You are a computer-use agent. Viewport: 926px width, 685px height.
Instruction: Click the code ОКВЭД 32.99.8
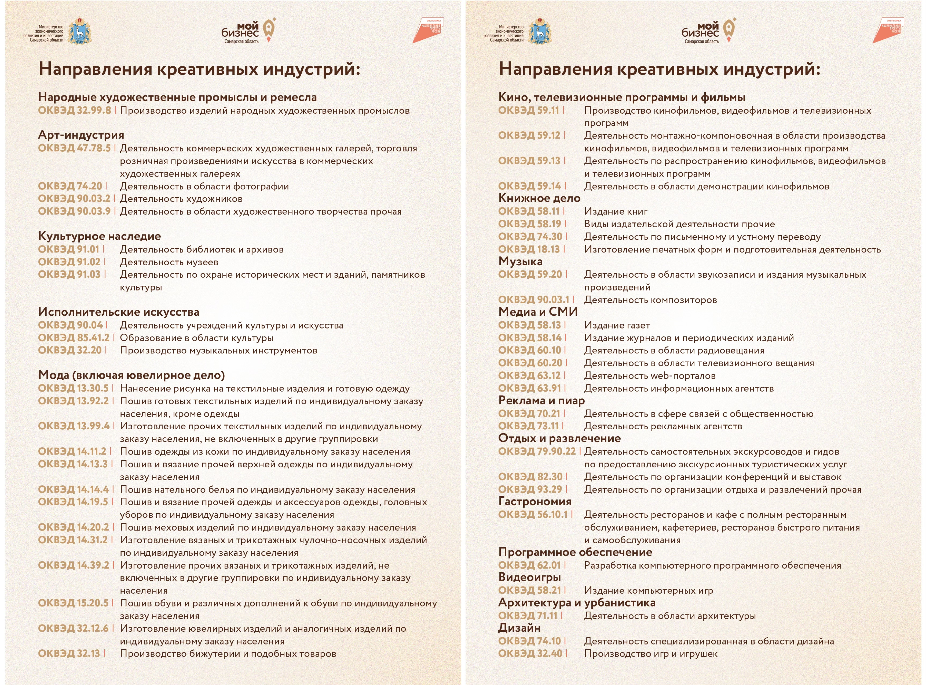coord(75,110)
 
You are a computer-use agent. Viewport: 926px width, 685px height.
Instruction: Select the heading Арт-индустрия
coord(81,135)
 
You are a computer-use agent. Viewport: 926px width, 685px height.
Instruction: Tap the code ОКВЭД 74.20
coord(70,186)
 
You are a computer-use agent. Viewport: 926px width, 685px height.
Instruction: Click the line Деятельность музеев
coord(169,262)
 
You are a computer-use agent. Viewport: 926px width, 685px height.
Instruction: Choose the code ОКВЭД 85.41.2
coord(74,338)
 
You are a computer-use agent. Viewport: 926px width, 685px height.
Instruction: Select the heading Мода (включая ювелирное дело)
coord(131,375)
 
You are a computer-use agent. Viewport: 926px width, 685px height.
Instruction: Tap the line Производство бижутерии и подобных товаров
coord(228,654)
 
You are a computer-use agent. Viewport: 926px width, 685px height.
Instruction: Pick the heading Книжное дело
coord(539,198)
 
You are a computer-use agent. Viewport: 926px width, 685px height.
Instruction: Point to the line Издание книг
coord(616,211)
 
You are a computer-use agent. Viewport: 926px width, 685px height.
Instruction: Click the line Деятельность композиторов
coord(650,300)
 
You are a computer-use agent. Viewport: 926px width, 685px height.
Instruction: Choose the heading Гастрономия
coord(535,502)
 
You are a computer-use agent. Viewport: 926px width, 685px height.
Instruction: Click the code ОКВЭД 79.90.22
coord(537,452)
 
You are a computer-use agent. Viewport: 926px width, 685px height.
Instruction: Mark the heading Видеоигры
coord(529,577)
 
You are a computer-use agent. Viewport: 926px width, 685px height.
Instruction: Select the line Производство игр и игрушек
coord(651,654)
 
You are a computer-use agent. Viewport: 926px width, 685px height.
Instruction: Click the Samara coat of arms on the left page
coord(79,31)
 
